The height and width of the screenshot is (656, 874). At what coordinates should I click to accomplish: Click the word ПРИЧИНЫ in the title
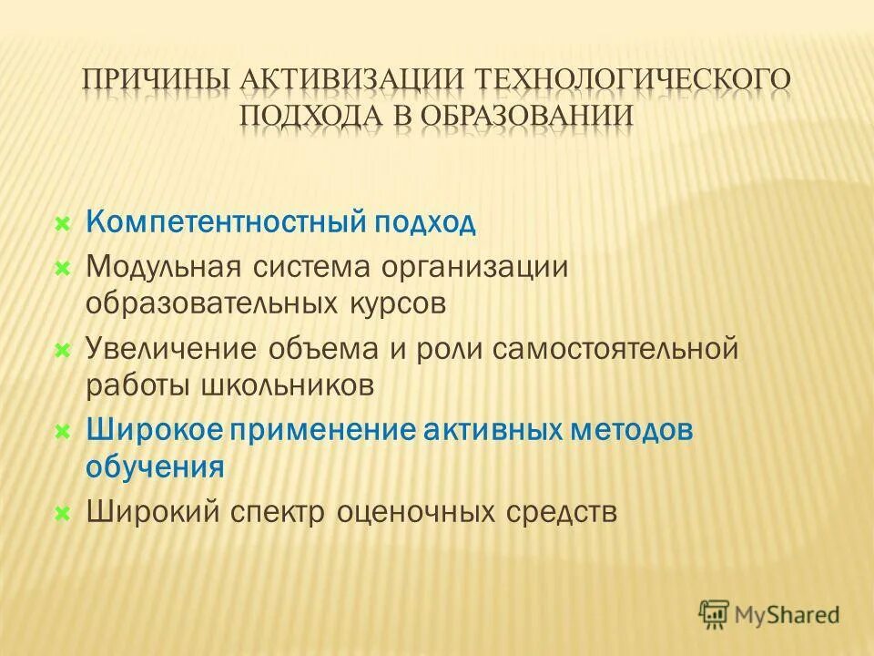coord(156,80)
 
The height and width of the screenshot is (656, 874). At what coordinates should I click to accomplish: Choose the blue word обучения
coord(155,466)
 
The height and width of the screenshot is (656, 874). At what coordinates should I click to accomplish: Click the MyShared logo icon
coord(716,615)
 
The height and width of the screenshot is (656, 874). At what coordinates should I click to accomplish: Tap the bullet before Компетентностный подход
coord(63,224)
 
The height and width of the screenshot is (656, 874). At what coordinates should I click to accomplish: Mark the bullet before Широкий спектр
coord(63,512)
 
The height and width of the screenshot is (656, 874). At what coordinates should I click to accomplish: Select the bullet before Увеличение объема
coord(63,349)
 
